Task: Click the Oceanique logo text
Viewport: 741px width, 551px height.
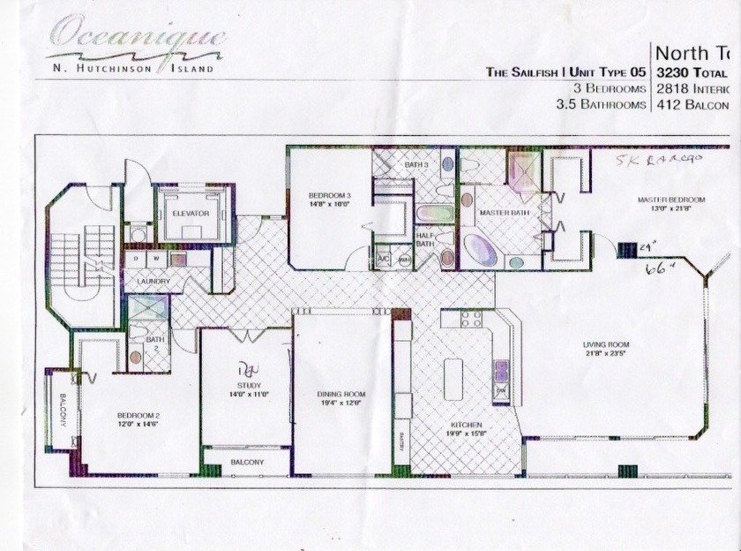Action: pyautogui.click(x=137, y=37)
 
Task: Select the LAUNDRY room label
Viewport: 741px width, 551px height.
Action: pyautogui.click(x=153, y=282)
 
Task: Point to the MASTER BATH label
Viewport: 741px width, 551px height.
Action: pyautogui.click(x=502, y=214)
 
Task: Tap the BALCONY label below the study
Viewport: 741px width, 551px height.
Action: pyautogui.click(x=248, y=462)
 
